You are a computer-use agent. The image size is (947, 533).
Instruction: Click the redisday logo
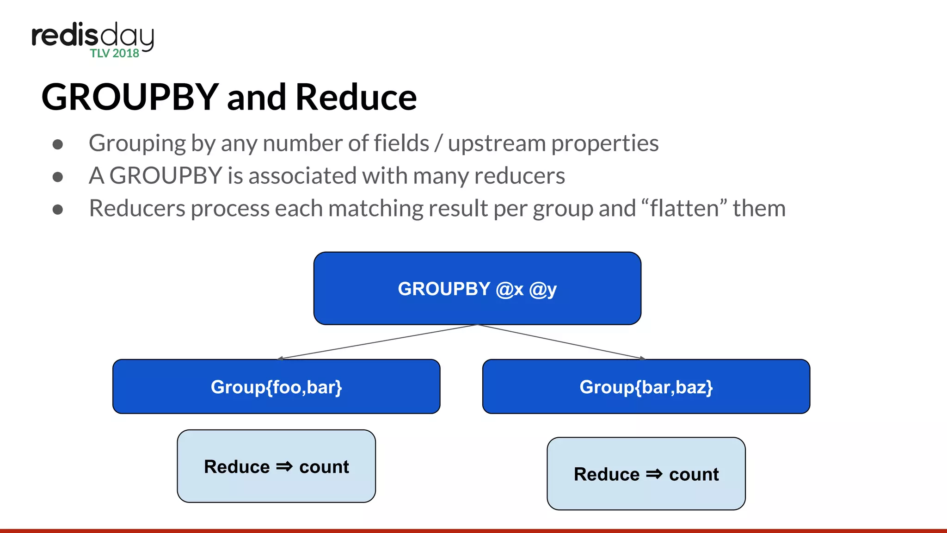(x=92, y=37)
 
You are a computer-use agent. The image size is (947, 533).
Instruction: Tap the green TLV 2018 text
(x=115, y=53)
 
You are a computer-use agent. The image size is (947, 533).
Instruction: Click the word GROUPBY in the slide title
(x=130, y=97)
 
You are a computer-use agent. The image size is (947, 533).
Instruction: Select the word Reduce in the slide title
(x=356, y=97)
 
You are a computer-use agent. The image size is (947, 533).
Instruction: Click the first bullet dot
(x=58, y=144)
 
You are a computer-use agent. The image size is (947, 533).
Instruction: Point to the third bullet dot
(x=58, y=210)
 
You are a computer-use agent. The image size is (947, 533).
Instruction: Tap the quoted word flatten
(x=684, y=208)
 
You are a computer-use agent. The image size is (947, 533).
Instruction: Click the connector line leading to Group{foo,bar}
(x=377, y=341)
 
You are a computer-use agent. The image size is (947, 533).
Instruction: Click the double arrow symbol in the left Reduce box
(x=284, y=466)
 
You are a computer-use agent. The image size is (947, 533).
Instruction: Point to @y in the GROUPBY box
(x=543, y=289)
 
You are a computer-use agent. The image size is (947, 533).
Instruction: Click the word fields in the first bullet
(x=401, y=143)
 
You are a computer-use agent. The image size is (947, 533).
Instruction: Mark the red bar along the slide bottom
(x=473, y=531)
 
